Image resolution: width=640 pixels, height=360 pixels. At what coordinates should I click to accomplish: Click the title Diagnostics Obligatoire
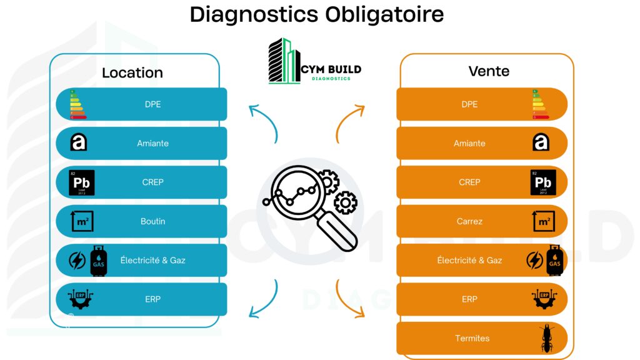(317, 14)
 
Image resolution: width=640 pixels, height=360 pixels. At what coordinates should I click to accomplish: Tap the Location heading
(132, 72)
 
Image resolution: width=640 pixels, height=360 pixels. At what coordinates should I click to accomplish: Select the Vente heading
(489, 71)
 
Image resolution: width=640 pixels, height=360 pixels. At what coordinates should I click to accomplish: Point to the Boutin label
(152, 221)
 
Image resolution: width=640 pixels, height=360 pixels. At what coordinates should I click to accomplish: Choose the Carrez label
(469, 221)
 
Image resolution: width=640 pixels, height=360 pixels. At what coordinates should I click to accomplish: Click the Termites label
(472, 338)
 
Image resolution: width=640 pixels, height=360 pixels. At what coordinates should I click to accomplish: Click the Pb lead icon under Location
(82, 182)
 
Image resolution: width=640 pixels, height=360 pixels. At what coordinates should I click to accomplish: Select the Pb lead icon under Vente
(542, 182)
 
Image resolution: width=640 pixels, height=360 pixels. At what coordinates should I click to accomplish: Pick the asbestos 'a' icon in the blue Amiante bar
(79, 143)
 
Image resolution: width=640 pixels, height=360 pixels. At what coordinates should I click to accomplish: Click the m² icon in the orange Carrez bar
(543, 221)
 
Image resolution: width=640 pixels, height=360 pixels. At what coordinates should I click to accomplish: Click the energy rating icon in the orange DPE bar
(540, 104)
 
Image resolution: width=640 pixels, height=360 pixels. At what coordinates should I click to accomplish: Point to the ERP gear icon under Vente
(543, 299)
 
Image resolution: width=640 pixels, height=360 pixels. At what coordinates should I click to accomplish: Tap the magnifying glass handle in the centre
(340, 230)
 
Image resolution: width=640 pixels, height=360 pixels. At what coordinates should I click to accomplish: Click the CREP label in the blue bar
(152, 182)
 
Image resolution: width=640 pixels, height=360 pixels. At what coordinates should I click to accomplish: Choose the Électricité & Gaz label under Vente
(469, 260)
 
